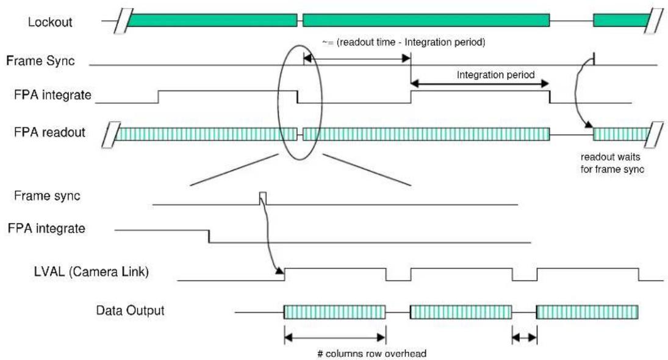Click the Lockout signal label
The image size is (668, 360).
coord(50,22)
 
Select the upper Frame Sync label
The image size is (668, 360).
coord(40,61)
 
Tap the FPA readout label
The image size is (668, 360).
coord(49,132)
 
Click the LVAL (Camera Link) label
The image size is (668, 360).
coord(91,272)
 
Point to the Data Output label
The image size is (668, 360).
coord(130,310)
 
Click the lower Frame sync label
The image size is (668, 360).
coord(47,195)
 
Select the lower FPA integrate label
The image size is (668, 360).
coord(46,228)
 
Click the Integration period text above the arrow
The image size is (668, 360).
coord(495,75)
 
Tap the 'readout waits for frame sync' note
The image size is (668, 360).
coord(612,163)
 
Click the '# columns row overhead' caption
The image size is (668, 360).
coord(372,354)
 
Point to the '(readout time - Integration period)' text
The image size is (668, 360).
coord(411,42)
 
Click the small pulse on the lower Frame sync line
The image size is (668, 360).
coord(263,198)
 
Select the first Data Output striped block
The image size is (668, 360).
coord(334,312)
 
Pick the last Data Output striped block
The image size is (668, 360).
coord(587,312)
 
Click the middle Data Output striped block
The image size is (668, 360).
coord(461,312)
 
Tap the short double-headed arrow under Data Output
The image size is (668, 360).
coord(525,338)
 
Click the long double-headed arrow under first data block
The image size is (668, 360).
coord(335,338)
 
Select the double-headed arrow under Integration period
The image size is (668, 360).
coord(480,84)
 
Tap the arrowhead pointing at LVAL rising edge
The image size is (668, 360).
coord(279,271)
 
